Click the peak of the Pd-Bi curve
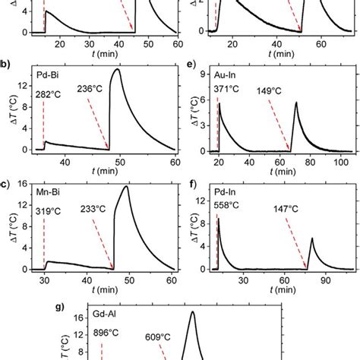pos(116,70)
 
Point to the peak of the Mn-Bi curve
pos(126,187)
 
